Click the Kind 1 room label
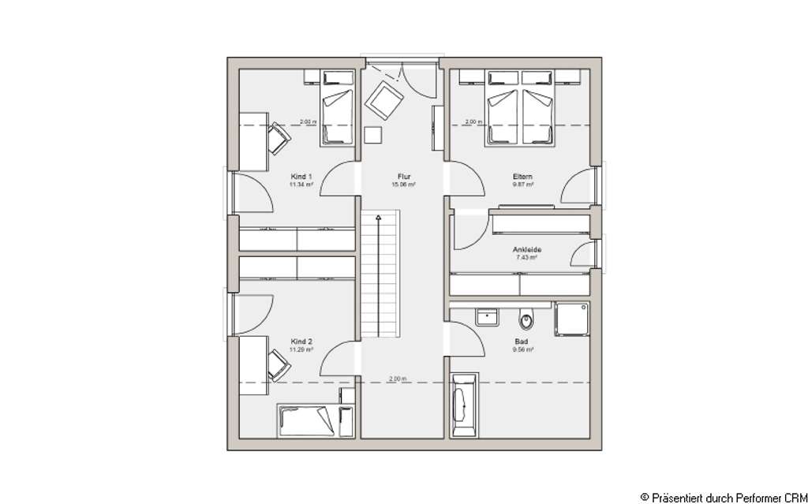coord(301,177)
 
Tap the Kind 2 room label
coord(301,342)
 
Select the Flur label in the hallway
coord(403,177)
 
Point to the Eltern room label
coord(522,177)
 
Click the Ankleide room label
coord(526,250)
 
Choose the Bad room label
coord(523,342)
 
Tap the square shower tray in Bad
coord(571,319)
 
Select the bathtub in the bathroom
coord(463,406)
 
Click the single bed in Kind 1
coord(337,117)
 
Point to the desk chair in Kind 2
coord(277,364)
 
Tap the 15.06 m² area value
coord(403,185)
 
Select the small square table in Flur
coord(373,135)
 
